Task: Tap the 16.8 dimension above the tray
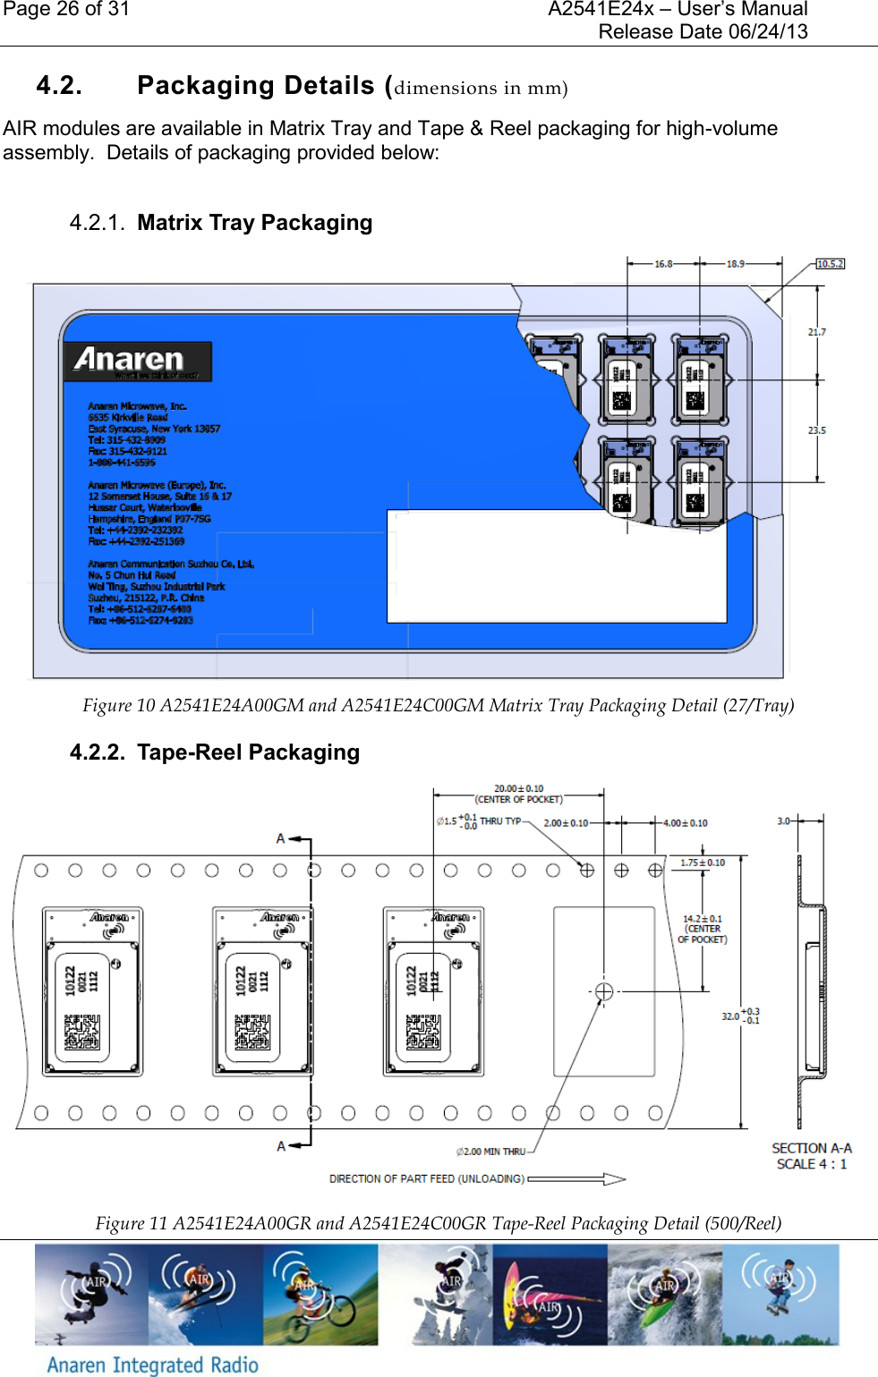click(663, 264)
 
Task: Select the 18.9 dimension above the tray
click(735, 264)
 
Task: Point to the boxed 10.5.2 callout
click(830, 264)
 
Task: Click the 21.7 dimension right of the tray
click(816, 332)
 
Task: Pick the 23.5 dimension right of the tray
click(816, 430)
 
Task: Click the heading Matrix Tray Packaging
click(254, 223)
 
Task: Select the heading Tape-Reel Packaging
click(248, 752)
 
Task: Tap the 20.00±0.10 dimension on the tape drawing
click(518, 789)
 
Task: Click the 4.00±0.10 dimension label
click(685, 823)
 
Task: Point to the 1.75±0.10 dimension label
click(703, 863)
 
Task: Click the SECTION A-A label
click(812, 1148)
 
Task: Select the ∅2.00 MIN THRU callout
click(490, 1152)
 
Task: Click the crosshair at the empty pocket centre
click(604, 991)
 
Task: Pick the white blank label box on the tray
click(556, 565)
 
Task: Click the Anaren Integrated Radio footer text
click(152, 1364)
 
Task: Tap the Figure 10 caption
click(438, 706)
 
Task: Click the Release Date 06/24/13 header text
click(703, 32)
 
